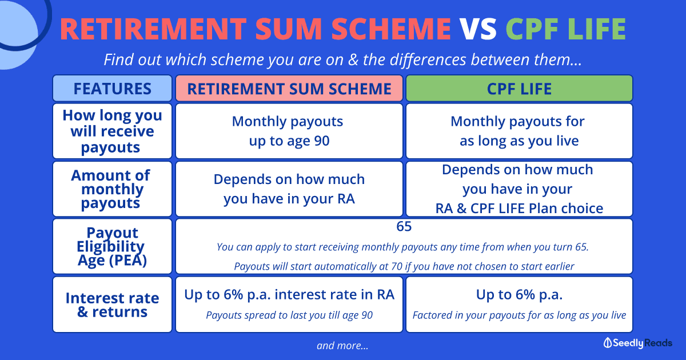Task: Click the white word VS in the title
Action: [x=478, y=29]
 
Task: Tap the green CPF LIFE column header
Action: [x=519, y=89]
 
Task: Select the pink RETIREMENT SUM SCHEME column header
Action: [x=289, y=89]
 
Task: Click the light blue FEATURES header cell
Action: [x=113, y=89]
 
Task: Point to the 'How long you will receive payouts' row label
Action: [x=113, y=131]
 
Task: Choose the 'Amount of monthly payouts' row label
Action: [x=111, y=189]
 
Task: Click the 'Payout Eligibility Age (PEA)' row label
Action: [x=111, y=246]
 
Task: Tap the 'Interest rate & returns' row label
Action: [x=113, y=305]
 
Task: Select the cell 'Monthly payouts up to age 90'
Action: [x=288, y=131]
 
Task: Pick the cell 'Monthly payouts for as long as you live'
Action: [x=518, y=131]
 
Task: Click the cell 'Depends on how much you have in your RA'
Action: [x=289, y=189]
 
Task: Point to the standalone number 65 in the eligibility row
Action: [x=404, y=226]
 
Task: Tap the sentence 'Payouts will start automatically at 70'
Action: [x=404, y=266]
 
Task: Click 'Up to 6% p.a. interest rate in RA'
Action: [x=289, y=295]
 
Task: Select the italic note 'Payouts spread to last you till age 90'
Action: [x=289, y=315]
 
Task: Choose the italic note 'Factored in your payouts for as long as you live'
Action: [x=519, y=315]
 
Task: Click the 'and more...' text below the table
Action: [x=342, y=346]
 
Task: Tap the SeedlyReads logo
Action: [x=637, y=343]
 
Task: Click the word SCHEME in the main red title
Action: [x=391, y=29]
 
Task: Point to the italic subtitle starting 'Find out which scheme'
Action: [x=342, y=59]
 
